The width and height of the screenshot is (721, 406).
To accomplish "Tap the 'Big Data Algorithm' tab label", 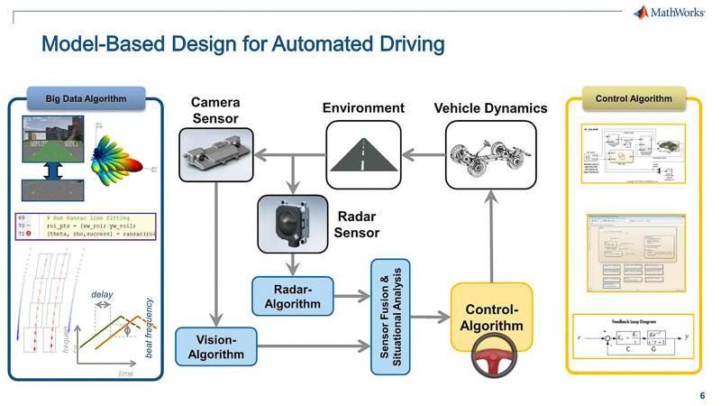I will point(87,98).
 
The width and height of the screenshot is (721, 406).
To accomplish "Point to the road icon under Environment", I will point(362,152).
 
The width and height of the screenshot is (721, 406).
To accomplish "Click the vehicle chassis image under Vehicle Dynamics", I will point(491,152).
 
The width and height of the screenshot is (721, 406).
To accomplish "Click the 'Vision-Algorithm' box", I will point(216,346).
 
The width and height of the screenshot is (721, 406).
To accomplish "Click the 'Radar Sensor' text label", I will point(356,225).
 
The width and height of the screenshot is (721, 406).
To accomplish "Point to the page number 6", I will point(702,395).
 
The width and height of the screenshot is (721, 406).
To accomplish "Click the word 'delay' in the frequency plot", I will point(102,294).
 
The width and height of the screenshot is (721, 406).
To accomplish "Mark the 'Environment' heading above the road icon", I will point(362,108).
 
